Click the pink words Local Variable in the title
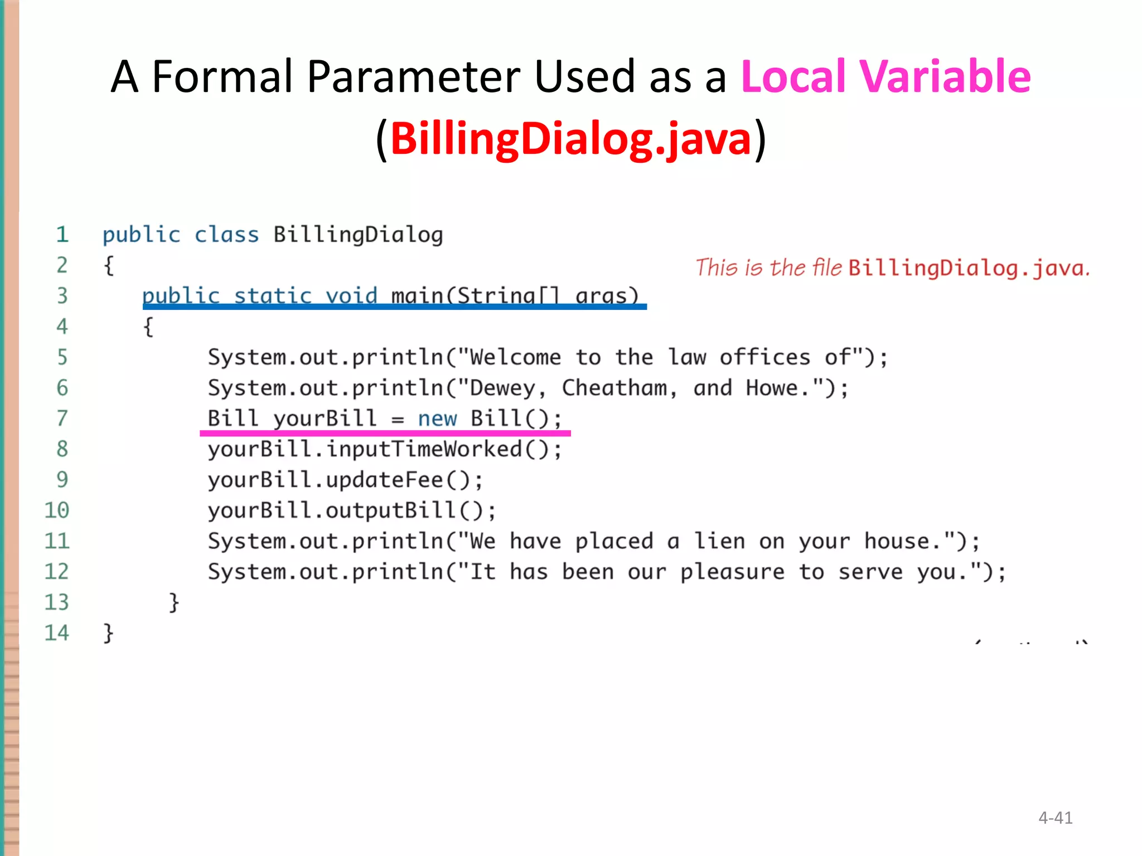(885, 76)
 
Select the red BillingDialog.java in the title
(570, 139)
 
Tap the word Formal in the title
(222, 76)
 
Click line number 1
(62, 235)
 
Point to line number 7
(62, 418)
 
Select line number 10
(56, 510)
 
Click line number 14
(56, 633)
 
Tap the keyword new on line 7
(437, 419)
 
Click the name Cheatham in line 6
(614, 388)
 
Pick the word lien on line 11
(719, 541)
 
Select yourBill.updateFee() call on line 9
(345, 480)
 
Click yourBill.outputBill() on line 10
(351, 510)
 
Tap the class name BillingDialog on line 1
(358, 235)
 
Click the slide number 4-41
(1055, 818)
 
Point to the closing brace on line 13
(174, 602)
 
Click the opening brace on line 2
(109, 266)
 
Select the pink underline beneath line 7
(385, 433)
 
